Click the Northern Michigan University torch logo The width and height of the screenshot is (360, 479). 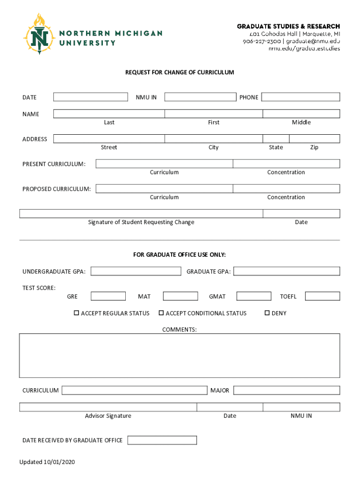pyautogui.click(x=40, y=34)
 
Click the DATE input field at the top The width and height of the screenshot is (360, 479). pyautogui.click(x=90, y=97)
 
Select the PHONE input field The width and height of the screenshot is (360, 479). pyautogui.click(x=300, y=97)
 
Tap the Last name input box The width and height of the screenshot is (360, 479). pyautogui.click(x=109, y=114)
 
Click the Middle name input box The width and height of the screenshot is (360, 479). pyautogui.click(x=301, y=114)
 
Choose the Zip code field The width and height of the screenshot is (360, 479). pyautogui.click(x=314, y=138)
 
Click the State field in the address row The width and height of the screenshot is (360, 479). pyautogui.click(x=276, y=138)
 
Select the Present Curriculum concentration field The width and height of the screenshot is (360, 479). pyautogui.click(x=286, y=164)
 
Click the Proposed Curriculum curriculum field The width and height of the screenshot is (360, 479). pyautogui.click(x=164, y=189)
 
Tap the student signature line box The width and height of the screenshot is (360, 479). pyautogui.click(x=141, y=213)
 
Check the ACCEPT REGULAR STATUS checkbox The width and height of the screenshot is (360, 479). pyautogui.click(x=77, y=313)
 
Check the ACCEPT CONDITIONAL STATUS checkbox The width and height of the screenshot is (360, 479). pyautogui.click(x=161, y=313)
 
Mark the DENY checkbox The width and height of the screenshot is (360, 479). pyautogui.click(x=267, y=313)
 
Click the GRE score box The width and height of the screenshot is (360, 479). pyautogui.click(x=108, y=296)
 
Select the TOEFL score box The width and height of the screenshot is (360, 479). pyautogui.click(x=323, y=296)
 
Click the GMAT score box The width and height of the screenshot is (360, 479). pyautogui.click(x=253, y=296)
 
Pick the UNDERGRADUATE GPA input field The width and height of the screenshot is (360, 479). pyautogui.click(x=136, y=271)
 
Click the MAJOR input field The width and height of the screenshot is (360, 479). pyautogui.click(x=286, y=390)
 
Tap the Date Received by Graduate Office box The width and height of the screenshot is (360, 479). pyautogui.click(x=162, y=440)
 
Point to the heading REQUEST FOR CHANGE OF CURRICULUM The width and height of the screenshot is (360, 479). pyautogui.click(x=180, y=73)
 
